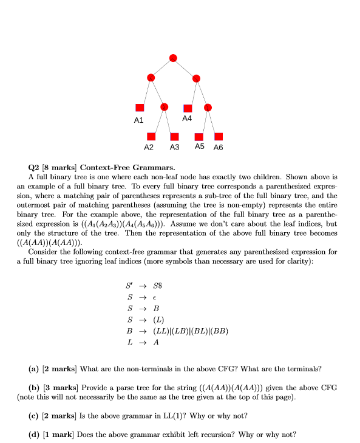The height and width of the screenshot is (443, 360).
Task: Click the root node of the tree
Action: [173, 58]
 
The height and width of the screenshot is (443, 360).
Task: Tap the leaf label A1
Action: [139, 120]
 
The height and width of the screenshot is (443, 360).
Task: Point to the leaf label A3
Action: [175, 148]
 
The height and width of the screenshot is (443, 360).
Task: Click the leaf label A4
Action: [187, 118]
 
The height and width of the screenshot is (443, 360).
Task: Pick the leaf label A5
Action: [200, 147]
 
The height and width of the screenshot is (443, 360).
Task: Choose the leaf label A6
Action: [219, 148]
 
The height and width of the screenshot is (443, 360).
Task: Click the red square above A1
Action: [140, 107]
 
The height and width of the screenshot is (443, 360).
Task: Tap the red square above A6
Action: [219, 136]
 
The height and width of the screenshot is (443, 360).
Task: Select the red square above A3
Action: [175, 136]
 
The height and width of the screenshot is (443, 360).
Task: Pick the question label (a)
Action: [35, 368]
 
